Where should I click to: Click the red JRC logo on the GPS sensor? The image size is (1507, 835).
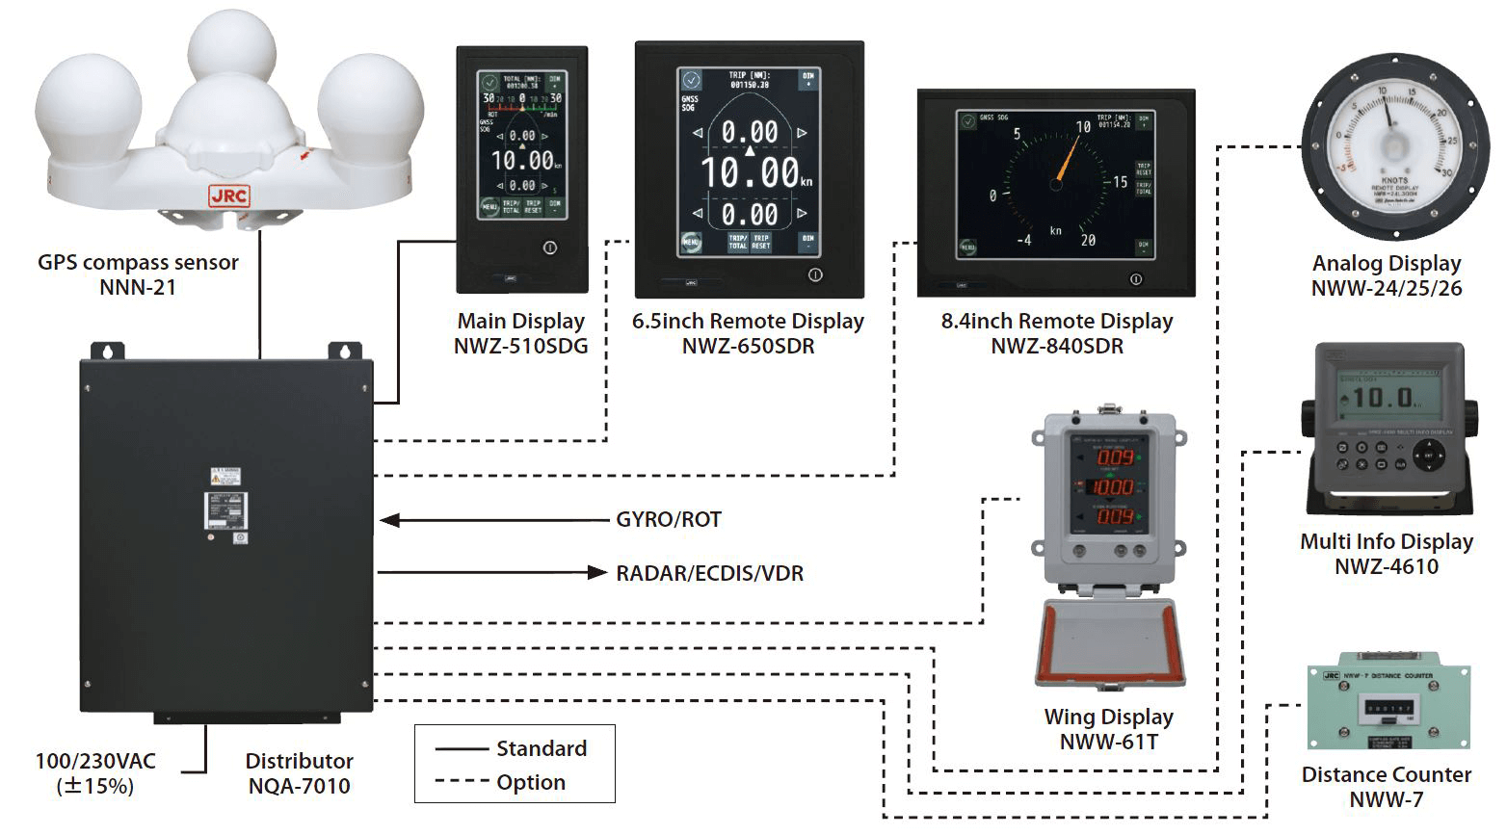coord(228,196)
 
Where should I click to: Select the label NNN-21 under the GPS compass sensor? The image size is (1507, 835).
coord(138,287)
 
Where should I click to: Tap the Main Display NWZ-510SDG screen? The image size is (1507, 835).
coord(521,144)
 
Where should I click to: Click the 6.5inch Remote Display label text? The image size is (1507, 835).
coord(748,322)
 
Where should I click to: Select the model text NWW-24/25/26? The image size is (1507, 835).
coord(1387,288)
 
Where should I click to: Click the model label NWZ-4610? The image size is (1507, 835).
coord(1386,566)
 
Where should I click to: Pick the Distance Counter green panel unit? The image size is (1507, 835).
coord(1388,708)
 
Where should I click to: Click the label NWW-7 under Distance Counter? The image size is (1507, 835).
coord(1386,799)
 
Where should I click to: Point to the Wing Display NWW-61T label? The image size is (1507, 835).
coord(1108,742)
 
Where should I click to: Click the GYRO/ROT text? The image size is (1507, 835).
coord(669,520)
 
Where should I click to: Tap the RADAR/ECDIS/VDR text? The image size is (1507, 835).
coord(709,574)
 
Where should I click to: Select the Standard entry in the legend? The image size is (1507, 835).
coord(541,748)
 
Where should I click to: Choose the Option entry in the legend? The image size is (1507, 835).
coord(530,782)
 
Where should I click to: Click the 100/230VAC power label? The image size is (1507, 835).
coord(95,762)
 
